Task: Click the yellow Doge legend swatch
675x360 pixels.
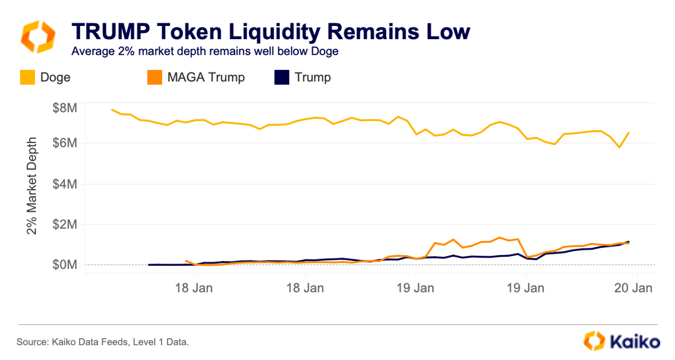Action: tap(28, 77)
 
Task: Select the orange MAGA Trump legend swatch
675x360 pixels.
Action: tap(155, 77)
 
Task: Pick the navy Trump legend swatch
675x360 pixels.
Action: tap(281, 77)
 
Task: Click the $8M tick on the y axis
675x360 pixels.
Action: tap(64, 109)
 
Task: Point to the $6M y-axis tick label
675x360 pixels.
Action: tap(64, 144)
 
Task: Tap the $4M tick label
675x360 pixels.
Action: tap(64, 184)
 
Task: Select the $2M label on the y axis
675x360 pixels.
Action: tap(64, 224)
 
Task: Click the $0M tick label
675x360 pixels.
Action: tap(64, 265)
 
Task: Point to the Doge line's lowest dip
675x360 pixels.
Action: tap(619, 147)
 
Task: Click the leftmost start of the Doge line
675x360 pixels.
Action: tap(112, 110)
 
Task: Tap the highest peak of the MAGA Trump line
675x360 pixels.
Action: tap(499, 238)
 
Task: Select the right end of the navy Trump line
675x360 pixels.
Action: tap(629, 242)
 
